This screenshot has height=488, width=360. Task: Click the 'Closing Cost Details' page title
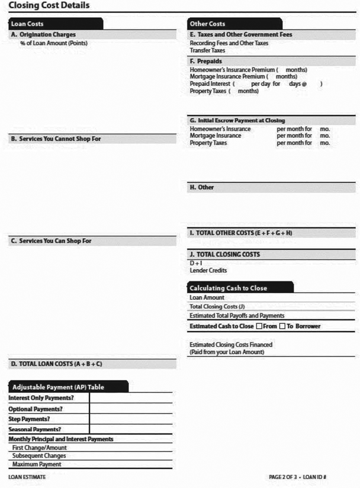(49, 5)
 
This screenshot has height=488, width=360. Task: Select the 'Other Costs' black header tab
(207, 24)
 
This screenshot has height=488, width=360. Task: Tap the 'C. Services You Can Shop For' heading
(52, 241)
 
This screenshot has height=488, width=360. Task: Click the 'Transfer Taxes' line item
(207, 50)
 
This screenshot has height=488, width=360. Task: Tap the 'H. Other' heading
(202, 187)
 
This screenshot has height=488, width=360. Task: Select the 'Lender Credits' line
(208, 271)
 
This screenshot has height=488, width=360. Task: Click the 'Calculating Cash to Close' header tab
(228, 288)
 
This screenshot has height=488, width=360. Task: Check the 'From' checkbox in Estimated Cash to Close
(259, 326)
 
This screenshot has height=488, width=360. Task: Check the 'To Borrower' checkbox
(282, 326)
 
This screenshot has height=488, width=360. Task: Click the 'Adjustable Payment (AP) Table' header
(58, 387)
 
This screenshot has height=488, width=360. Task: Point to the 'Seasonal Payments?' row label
(35, 429)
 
